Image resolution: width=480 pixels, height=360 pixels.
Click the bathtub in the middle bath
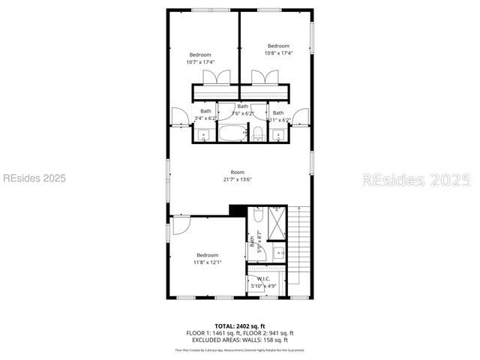pyautogui.click(x=232, y=133)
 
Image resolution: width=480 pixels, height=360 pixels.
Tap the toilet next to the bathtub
pyautogui.click(x=257, y=133)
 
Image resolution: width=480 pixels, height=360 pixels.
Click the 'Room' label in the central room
pyautogui.click(x=237, y=172)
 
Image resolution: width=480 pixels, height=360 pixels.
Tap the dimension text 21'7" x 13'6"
pyautogui.click(x=237, y=179)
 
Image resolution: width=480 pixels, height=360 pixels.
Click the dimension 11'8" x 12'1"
pyautogui.click(x=207, y=262)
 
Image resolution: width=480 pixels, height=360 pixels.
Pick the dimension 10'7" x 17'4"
pyautogui.click(x=200, y=62)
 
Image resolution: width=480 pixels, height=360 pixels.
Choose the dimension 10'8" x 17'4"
pyautogui.click(x=278, y=53)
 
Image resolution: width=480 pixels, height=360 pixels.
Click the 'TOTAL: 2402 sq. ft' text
pyautogui.click(x=239, y=326)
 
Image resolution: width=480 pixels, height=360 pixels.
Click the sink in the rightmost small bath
pyautogui.click(x=278, y=135)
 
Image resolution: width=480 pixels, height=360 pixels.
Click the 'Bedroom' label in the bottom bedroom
pyautogui.click(x=207, y=255)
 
